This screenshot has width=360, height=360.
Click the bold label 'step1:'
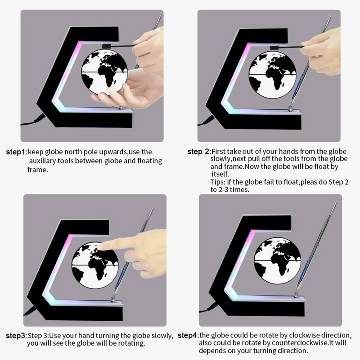point(17,152)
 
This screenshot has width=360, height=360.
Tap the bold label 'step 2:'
point(199,152)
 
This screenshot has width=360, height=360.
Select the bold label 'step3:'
point(17,336)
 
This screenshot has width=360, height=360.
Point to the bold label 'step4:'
point(189,335)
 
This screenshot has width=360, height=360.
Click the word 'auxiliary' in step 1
point(42,161)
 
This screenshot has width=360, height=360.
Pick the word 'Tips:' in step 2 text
point(218,182)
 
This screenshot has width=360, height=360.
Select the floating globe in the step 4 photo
point(277,261)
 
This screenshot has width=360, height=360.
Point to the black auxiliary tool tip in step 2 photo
point(274,48)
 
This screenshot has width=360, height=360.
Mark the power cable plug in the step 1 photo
point(40,118)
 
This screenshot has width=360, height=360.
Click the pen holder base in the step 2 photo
point(291,108)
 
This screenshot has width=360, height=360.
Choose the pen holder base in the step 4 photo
point(296,295)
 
